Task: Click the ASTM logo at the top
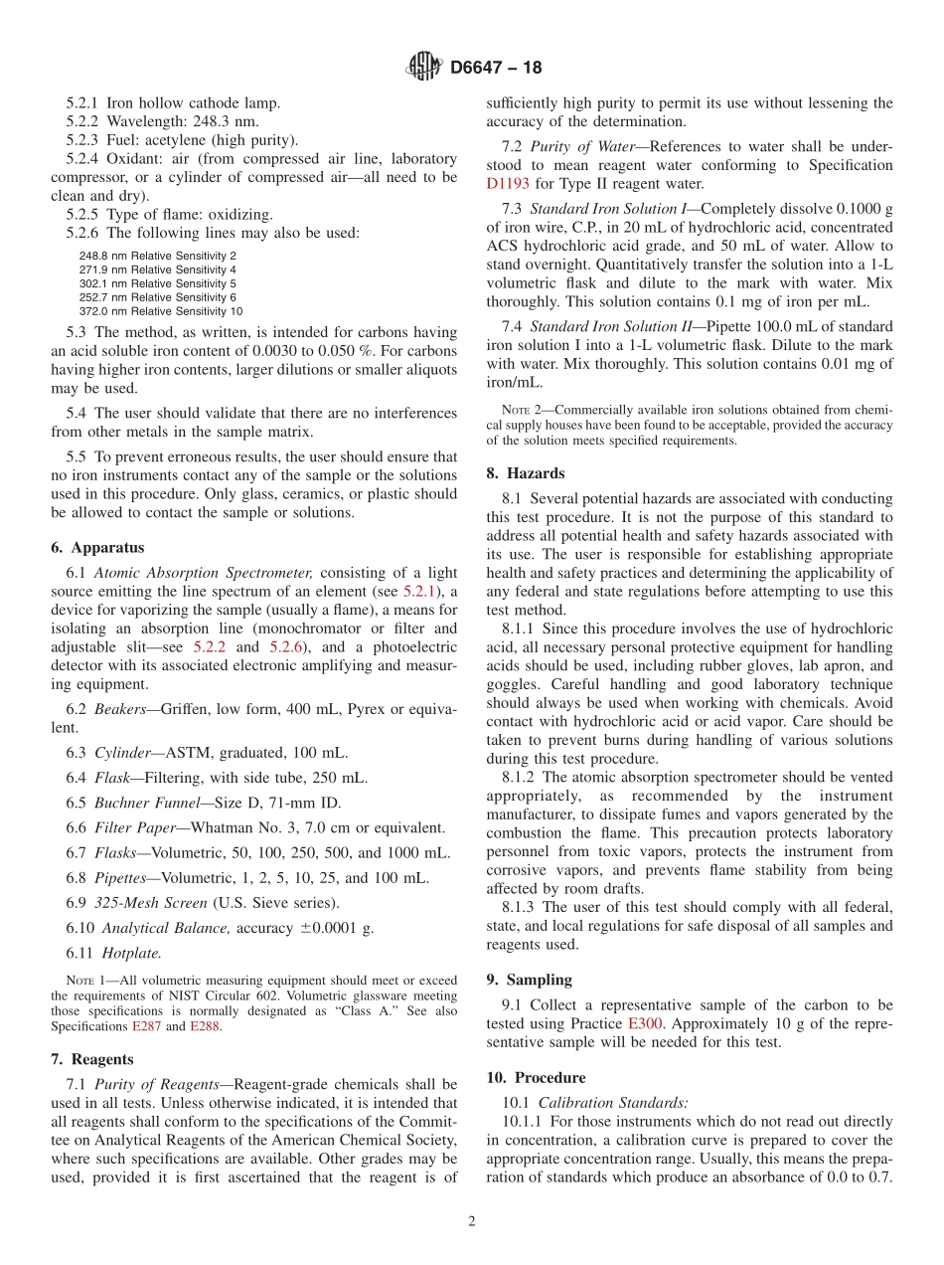(424, 68)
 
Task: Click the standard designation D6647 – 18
(496, 69)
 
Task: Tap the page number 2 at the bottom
(472, 1222)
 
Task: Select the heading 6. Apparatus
(97, 548)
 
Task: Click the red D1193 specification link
(509, 184)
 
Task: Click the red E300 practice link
(645, 1023)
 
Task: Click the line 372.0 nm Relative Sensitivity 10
(160, 311)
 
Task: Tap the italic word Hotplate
(131, 952)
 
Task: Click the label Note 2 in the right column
(518, 410)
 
